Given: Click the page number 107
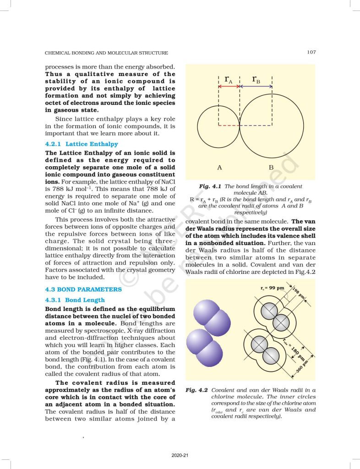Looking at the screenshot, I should (x=311, y=52).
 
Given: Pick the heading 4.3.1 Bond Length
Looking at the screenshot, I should (x=75, y=300).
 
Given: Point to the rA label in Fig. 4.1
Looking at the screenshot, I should (x=228, y=80).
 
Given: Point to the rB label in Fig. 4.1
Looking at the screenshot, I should (x=256, y=80).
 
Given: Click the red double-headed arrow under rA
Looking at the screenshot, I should (x=229, y=86).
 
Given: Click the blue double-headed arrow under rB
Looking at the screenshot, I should (x=256, y=86).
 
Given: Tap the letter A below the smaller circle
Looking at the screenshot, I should (x=219, y=167).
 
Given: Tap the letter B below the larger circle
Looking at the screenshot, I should (x=271, y=167).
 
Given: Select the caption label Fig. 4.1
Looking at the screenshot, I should (x=210, y=187).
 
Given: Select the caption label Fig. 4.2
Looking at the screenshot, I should (x=197, y=390).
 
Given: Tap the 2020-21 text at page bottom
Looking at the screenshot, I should (x=180, y=455).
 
